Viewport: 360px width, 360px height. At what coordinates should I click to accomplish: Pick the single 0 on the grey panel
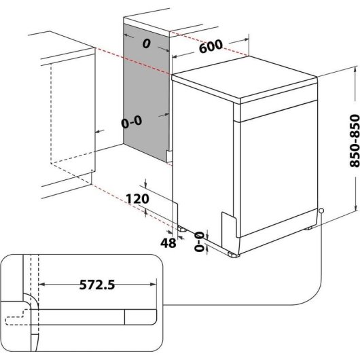pos(145,43)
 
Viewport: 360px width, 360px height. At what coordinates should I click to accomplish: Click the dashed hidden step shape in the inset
pos(17,318)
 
